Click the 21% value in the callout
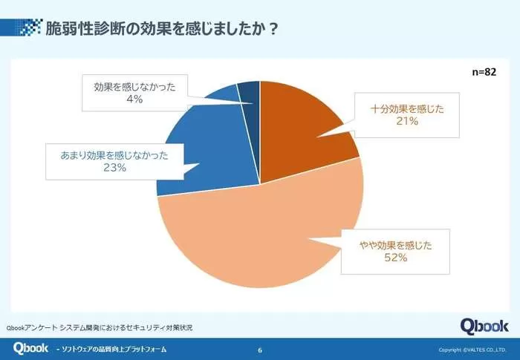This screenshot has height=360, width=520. (x=407, y=122)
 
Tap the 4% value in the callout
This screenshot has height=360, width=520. (x=134, y=98)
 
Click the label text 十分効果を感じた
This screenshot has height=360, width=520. (x=407, y=108)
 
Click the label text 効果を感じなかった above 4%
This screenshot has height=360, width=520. (x=134, y=85)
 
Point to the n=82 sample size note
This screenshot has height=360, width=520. (x=484, y=71)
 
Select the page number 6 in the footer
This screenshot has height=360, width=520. (x=259, y=350)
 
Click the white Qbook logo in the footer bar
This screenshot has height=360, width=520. (x=30, y=348)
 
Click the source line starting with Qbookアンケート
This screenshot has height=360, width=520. (x=100, y=327)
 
